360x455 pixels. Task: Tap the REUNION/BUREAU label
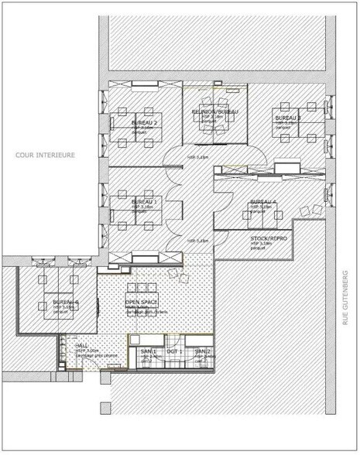215,112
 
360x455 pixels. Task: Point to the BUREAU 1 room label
144,202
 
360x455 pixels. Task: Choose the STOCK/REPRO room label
269,238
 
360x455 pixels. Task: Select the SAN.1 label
148,352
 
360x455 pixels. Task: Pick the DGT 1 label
174,352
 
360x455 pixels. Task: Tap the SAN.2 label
202,352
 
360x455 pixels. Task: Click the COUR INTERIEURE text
45,155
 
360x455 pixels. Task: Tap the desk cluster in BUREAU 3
298,124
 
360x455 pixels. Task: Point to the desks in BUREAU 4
263,213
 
